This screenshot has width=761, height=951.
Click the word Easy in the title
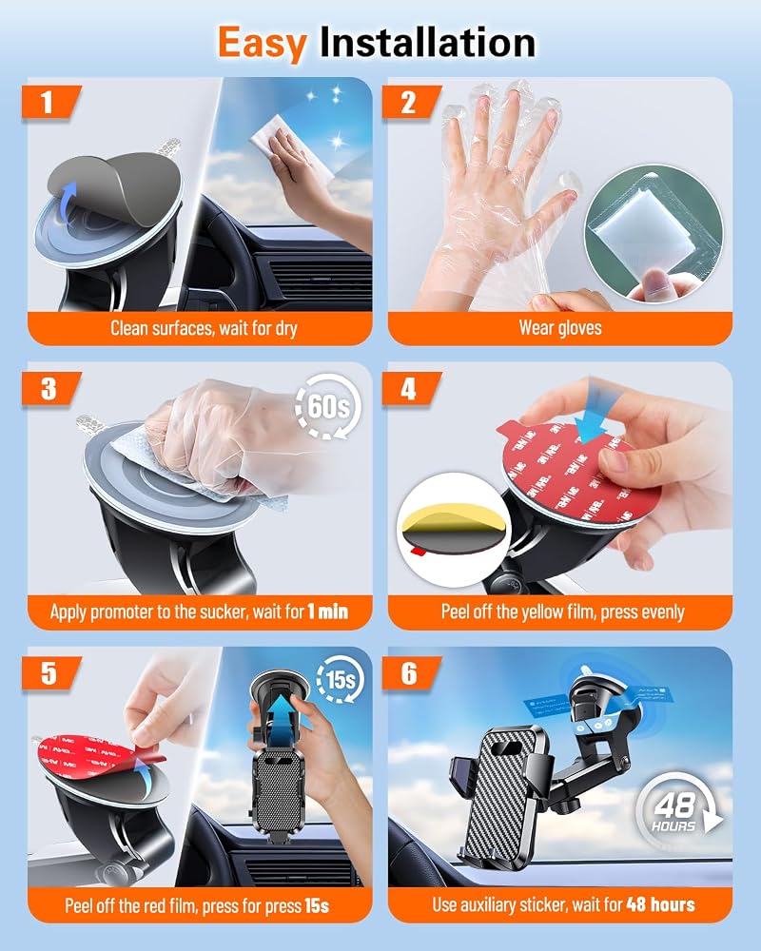263,44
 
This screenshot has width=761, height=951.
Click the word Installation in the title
427,42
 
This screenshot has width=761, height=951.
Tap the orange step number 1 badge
49,102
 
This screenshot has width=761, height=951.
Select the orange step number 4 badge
410,388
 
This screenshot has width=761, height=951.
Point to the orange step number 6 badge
410,673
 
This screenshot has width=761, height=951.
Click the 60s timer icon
328,406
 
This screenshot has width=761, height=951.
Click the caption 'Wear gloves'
560,328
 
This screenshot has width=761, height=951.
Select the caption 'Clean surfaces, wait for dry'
204,328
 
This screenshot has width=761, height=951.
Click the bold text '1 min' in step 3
327,611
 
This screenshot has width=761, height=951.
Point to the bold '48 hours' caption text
661,905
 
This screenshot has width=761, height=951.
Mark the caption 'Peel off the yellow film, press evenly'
562,611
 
